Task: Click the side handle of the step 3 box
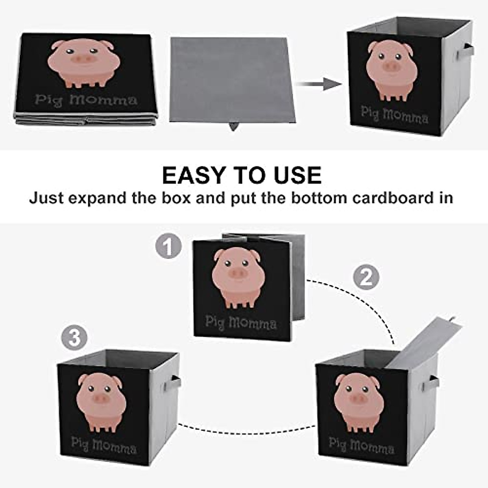tap(175, 382)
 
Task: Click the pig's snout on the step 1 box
tap(238, 274)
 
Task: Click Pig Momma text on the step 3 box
tap(104, 445)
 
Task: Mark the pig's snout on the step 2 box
tap(358, 399)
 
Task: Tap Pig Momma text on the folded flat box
tap(86, 100)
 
